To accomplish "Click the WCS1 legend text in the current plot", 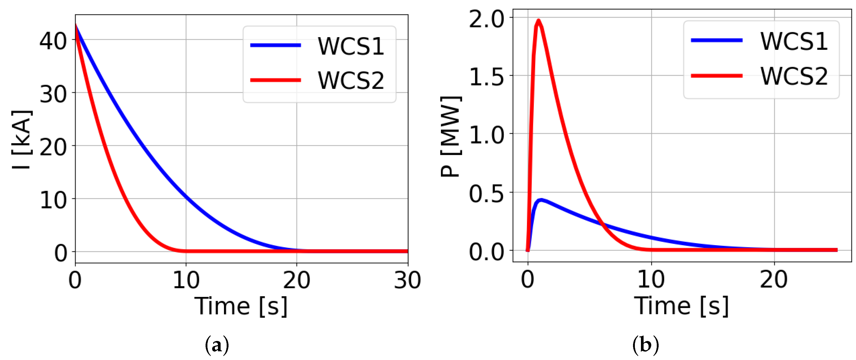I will click(x=351, y=46).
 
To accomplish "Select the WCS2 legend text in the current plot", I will click(x=351, y=80).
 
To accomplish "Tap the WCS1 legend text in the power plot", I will click(x=794, y=41).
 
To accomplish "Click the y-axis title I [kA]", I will click(x=22, y=140).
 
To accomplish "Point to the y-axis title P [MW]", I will click(x=451, y=136).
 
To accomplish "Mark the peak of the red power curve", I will click(x=538, y=21).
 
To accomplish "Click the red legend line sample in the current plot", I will click(x=275, y=80).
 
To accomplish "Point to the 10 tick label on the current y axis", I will click(x=53, y=200).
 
